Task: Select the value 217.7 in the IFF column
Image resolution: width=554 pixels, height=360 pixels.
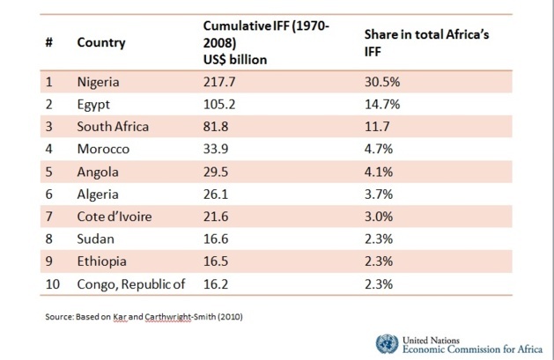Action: (x=220, y=82)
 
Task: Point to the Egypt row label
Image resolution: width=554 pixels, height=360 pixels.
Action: (x=93, y=104)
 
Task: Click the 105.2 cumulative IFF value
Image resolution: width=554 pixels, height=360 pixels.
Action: (x=220, y=104)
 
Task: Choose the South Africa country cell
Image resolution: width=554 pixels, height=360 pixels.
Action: (x=113, y=126)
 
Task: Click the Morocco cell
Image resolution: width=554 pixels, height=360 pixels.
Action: (x=103, y=148)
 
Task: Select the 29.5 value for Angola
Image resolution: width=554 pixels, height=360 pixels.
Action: (x=217, y=170)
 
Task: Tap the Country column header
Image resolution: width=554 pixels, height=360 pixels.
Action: (x=101, y=42)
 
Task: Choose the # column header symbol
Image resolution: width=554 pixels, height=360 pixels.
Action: (x=49, y=42)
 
